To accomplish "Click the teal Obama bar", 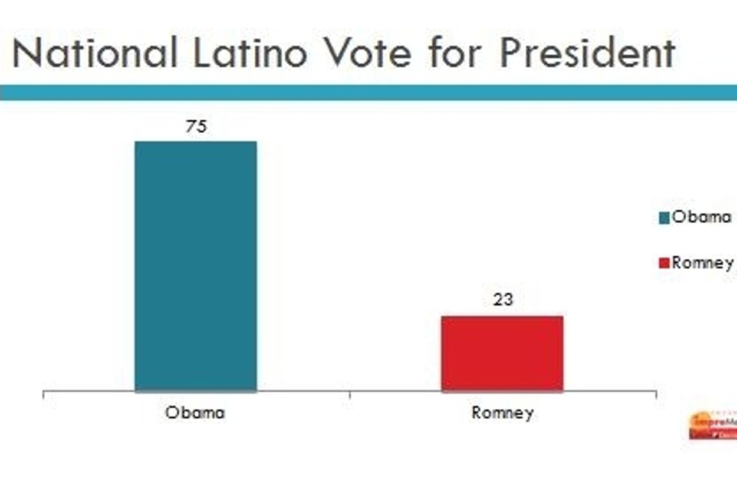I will tap(196, 266).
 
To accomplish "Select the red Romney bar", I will tap(502, 353).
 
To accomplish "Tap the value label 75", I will tap(196, 127).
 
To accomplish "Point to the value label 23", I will tap(503, 300).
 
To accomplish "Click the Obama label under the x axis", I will tap(195, 412).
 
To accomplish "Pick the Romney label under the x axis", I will tap(502, 413).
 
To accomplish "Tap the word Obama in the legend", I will tap(702, 217).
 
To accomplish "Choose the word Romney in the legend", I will tap(703, 263).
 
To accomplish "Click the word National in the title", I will tap(94, 53).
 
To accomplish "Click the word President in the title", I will tap(587, 53).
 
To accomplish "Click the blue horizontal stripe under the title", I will tap(368, 92).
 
